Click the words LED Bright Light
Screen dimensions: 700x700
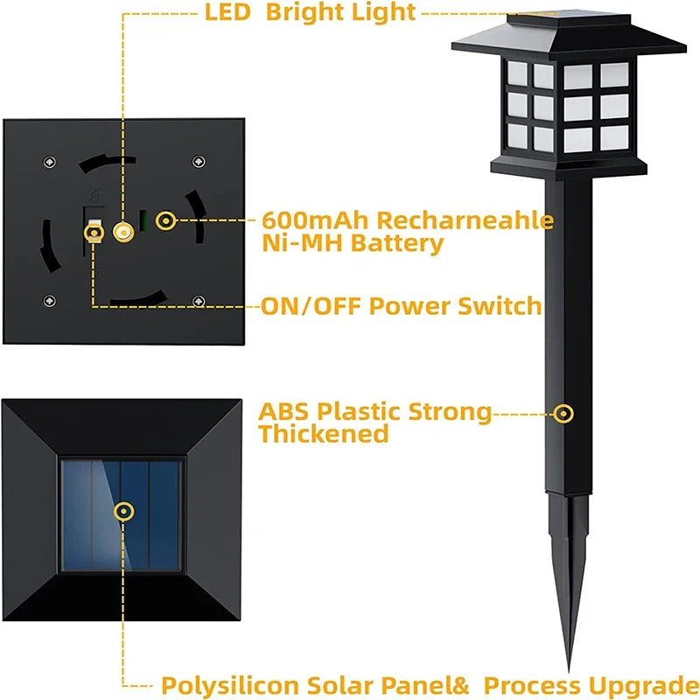[310, 12]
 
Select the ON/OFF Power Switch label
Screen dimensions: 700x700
[401, 306]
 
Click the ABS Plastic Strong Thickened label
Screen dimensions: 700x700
[374, 422]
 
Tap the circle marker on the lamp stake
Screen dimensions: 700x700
[565, 411]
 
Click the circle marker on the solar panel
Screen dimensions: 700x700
[123, 511]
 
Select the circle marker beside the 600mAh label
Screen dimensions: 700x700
[164, 220]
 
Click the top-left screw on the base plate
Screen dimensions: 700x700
[49, 163]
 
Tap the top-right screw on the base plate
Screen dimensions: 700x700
[199, 163]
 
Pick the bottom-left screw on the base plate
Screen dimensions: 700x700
[49, 302]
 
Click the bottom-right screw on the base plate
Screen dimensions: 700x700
[199, 302]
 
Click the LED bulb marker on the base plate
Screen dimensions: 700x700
[122, 232]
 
